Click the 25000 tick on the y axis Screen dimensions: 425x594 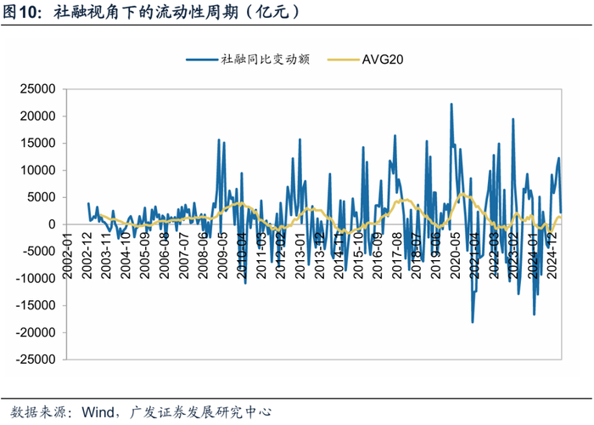point(37,88)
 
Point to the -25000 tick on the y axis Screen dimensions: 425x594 point(36,360)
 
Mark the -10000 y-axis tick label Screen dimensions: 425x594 point(36,279)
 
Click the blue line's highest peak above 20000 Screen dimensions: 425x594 point(451,104)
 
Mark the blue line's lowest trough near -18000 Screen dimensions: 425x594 point(473,322)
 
